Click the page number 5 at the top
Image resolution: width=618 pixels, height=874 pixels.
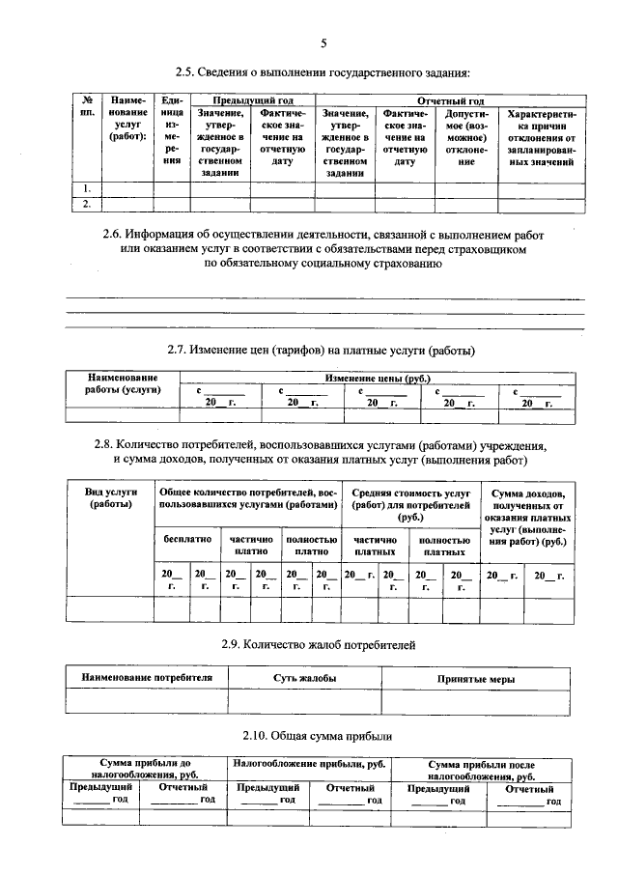323,43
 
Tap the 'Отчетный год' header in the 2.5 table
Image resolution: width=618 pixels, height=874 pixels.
449,100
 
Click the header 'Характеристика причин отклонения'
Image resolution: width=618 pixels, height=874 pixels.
541,137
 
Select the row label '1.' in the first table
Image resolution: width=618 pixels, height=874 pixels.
87,188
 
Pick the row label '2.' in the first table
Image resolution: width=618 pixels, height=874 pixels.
87,204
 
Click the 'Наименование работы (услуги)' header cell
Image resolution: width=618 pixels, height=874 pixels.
123,383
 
